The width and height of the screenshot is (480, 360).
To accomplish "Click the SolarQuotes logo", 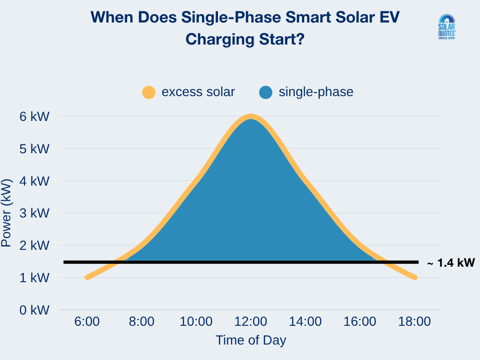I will (446, 27).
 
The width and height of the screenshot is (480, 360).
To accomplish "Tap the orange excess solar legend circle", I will (149, 92).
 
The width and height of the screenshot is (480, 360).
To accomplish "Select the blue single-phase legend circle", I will (266, 92).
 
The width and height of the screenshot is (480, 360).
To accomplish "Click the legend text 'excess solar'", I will (198, 92).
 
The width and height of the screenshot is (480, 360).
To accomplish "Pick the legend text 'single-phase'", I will (315, 92).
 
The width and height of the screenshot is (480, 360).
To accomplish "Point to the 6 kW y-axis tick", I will (34, 116).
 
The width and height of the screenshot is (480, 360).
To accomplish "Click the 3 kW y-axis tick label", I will (34, 213).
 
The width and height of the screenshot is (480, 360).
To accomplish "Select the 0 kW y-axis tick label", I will (34, 310).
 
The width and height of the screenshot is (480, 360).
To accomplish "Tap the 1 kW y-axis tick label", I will (34, 277).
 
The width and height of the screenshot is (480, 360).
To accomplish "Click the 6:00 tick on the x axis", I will (87, 322).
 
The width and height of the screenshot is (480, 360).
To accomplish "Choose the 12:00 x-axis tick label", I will (251, 322).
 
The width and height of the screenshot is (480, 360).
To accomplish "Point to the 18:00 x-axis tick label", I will (415, 322).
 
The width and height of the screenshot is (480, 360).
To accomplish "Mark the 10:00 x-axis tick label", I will (196, 322).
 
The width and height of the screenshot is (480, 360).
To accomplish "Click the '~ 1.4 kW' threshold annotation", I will (450, 263).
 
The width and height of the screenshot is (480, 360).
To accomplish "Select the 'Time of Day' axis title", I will (251, 340).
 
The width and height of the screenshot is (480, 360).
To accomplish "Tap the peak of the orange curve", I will (251, 116).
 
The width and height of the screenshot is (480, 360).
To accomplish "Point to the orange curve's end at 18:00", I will (415, 277).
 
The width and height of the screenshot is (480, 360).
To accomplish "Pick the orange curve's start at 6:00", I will (87, 277).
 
